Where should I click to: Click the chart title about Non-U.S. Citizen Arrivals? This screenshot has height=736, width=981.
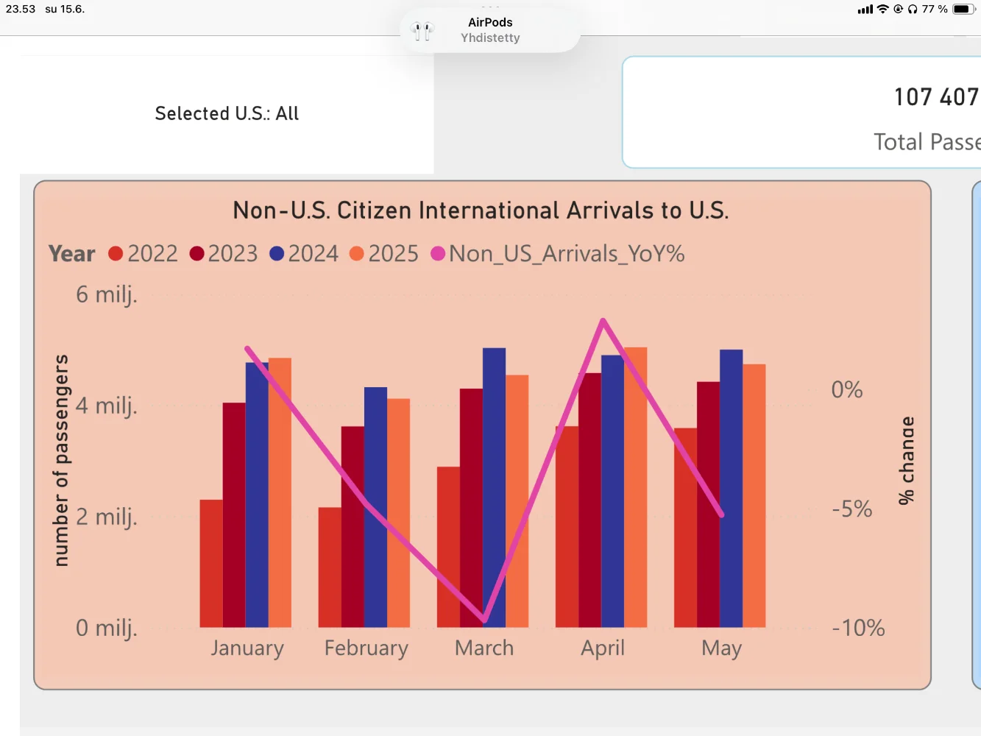pyautogui.click(x=481, y=210)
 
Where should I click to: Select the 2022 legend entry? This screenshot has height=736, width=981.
pyautogui.click(x=144, y=254)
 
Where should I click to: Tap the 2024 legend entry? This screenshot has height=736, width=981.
pyautogui.click(x=304, y=254)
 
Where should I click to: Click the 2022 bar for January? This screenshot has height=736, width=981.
pyautogui.click(x=211, y=563)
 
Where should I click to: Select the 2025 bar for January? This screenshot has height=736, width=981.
pyautogui.click(x=280, y=492)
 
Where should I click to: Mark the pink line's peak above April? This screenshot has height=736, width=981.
pyautogui.click(x=603, y=320)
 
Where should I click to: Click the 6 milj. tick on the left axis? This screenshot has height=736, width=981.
pyautogui.click(x=106, y=295)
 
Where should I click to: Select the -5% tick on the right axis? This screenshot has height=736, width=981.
pyautogui.click(x=851, y=509)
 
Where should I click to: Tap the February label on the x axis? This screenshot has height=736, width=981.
pyautogui.click(x=366, y=648)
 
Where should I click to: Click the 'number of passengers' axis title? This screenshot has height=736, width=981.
pyautogui.click(x=61, y=460)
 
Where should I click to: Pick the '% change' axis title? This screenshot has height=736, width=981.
pyautogui.click(x=907, y=460)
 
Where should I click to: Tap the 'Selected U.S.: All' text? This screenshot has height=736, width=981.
pyautogui.click(x=227, y=113)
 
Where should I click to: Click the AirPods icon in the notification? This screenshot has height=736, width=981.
pyautogui.click(x=422, y=31)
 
